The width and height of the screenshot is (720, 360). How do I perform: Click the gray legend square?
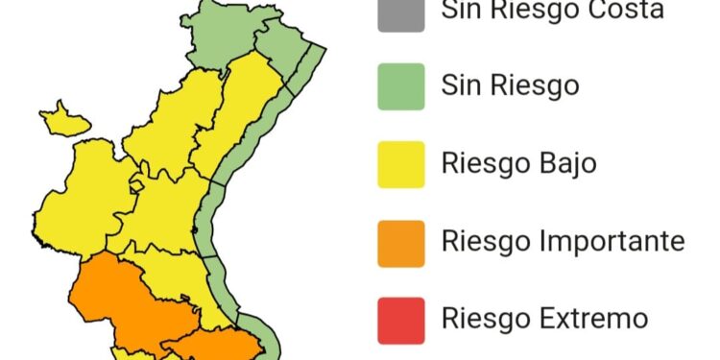tap(401, 13)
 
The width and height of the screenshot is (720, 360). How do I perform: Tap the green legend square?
tap(401, 86)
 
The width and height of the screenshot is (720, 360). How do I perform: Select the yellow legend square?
tap(401, 164)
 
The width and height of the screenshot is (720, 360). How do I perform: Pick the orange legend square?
tap(401, 242)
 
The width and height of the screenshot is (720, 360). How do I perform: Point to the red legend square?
tap(401, 320)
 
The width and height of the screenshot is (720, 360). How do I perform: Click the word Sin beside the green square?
tap(461, 86)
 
